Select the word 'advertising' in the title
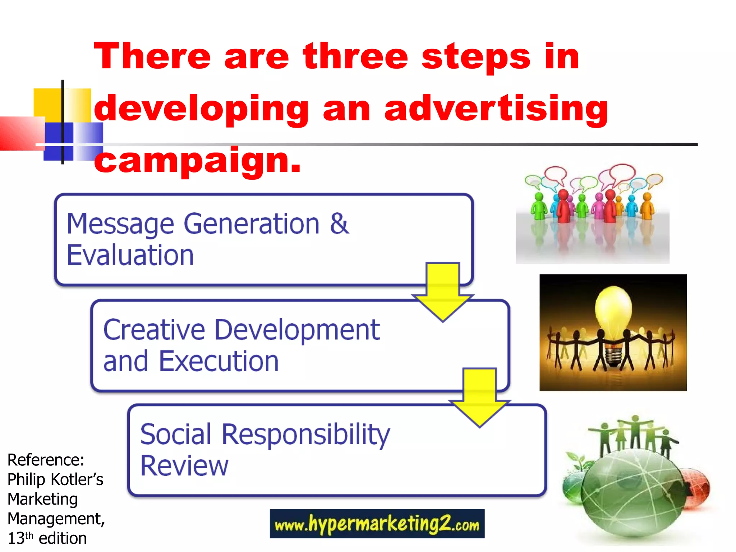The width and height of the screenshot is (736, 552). tap(496, 108)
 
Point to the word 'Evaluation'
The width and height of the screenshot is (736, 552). tap(130, 255)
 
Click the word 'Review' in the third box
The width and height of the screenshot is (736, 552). tap(184, 466)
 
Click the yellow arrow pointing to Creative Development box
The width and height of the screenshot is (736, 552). tap(443, 291)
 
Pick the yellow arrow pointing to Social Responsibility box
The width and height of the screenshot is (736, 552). tap(479, 397)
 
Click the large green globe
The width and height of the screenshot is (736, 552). tap(632, 496)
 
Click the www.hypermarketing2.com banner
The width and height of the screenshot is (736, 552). tap(377, 524)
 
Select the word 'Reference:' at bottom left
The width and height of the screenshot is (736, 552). tap(46, 460)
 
